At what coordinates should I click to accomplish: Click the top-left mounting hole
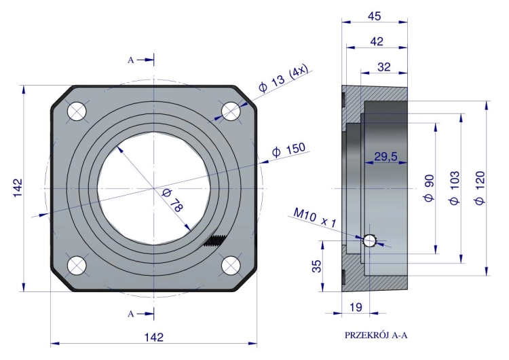(77, 111)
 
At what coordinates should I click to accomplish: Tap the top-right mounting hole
(231, 111)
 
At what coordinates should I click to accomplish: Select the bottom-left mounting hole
(77, 266)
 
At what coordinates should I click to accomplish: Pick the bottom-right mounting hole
(231, 266)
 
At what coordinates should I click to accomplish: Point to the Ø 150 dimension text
(288, 150)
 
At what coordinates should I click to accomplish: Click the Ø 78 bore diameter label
(172, 200)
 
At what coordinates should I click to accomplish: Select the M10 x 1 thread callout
(315, 217)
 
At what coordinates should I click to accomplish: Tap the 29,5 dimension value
(385, 157)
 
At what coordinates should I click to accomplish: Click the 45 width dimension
(374, 16)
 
